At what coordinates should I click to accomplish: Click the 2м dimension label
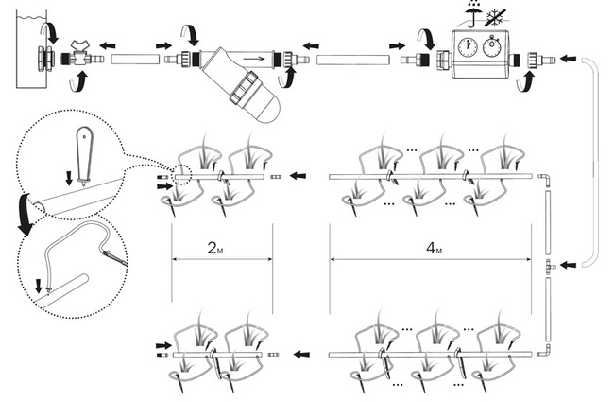point(215,248)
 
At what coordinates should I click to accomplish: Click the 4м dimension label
point(434,248)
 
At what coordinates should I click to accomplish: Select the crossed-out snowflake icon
point(496,17)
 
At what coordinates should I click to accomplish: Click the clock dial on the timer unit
point(468,47)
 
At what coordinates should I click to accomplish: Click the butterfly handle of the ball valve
point(82,44)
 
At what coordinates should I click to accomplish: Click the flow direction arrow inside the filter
point(254,60)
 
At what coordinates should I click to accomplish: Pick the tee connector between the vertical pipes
point(550,266)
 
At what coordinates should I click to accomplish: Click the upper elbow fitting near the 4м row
point(544,180)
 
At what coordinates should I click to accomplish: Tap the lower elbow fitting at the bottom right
point(544,351)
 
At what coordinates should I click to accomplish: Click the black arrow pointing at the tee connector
point(569,266)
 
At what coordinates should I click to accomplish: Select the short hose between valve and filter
point(135,60)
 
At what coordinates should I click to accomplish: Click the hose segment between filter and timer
point(353,60)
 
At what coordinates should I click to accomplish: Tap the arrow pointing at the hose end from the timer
point(569,59)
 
